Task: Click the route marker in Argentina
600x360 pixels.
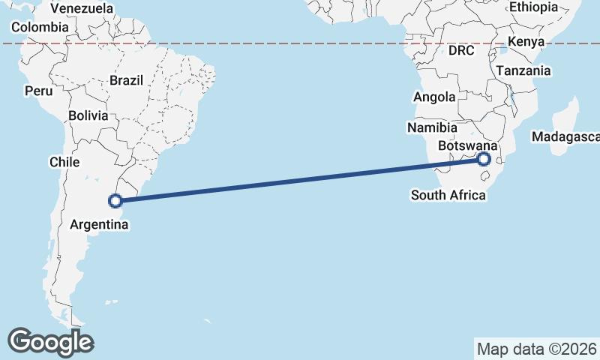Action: pos(115,200)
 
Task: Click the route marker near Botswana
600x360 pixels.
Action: pos(484,159)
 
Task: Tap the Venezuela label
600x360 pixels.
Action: pos(82,9)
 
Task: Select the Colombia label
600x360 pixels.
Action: pos(40,27)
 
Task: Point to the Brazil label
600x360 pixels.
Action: pos(126,80)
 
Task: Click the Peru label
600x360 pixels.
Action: pos(39,91)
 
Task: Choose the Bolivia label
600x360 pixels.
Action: pos(88,116)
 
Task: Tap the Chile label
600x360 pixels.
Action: pos(64,162)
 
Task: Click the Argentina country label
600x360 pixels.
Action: pos(98,224)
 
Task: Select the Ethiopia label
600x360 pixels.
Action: pos(533,7)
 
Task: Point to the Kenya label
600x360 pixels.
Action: pos(526,42)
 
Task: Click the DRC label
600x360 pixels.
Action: pos(462,51)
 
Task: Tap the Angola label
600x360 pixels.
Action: pos(434,97)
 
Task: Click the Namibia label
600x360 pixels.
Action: pos(433,128)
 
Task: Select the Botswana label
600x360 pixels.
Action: pos(465,145)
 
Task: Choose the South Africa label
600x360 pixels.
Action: pos(448,195)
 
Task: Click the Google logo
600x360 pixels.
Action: pos(50,342)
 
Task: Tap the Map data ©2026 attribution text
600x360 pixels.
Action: pos(536,349)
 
